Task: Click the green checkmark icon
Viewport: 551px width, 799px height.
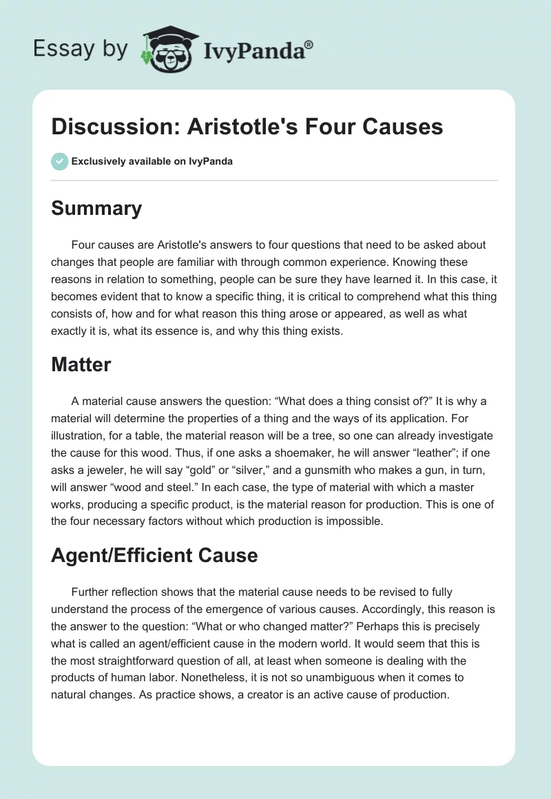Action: (59, 161)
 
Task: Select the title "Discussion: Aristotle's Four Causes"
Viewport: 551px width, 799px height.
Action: (247, 127)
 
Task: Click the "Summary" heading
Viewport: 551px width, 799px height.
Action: (96, 208)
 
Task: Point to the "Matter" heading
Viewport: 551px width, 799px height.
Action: (81, 364)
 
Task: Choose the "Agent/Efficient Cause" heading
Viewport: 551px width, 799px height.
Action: (154, 555)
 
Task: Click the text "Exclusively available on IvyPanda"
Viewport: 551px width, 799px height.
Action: (152, 161)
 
